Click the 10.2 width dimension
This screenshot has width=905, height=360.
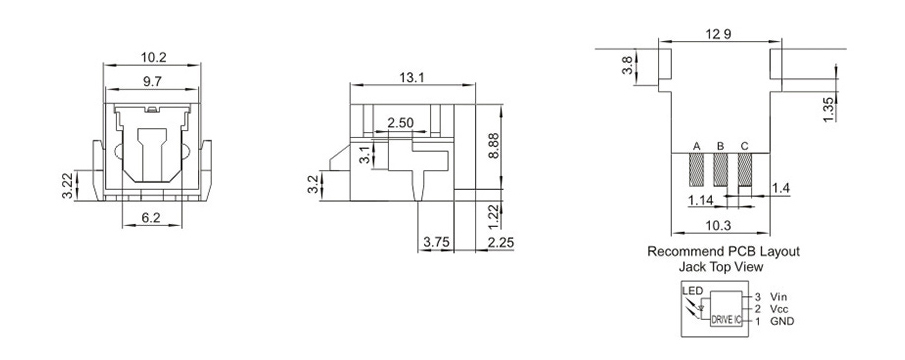point(153,57)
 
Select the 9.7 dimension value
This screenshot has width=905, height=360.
point(152,82)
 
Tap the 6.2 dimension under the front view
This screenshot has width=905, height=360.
point(151,218)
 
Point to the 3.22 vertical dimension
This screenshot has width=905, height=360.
point(68,185)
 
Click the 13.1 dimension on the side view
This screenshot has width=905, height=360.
point(412,77)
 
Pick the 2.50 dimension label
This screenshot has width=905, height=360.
point(401,123)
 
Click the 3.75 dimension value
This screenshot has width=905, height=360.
point(436,242)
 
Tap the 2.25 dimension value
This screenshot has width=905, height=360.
point(500,242)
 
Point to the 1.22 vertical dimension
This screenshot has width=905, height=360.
point(493,216)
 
